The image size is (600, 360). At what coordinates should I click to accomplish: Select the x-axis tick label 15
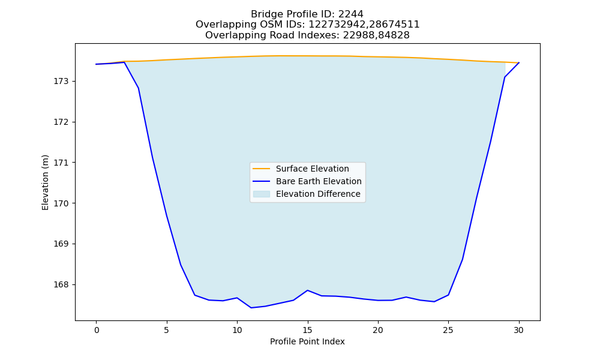tap(307, 330)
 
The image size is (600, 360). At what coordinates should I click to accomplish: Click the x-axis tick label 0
tap(97, 330)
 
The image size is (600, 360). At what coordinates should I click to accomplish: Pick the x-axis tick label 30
tap(518, 330)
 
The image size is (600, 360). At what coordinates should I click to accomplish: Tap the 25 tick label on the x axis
tap(448, 330)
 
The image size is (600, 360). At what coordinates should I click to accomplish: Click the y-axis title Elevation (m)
tap(45, 182)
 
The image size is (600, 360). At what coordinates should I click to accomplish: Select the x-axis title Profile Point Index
tap(307, 341)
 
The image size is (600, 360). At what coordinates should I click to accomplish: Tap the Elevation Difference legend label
tap(318, 194)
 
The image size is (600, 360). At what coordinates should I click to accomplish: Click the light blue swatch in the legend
tap(262, 194)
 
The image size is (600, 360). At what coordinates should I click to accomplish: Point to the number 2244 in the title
tap(351, 14)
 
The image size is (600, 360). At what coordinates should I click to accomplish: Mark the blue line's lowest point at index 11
tap(251, 308)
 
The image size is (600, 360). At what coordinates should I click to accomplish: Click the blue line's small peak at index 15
tap(307, 290)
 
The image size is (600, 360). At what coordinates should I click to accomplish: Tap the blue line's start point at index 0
tap(97, 64)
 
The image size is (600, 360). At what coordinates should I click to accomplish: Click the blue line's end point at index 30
tap(519, 63)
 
